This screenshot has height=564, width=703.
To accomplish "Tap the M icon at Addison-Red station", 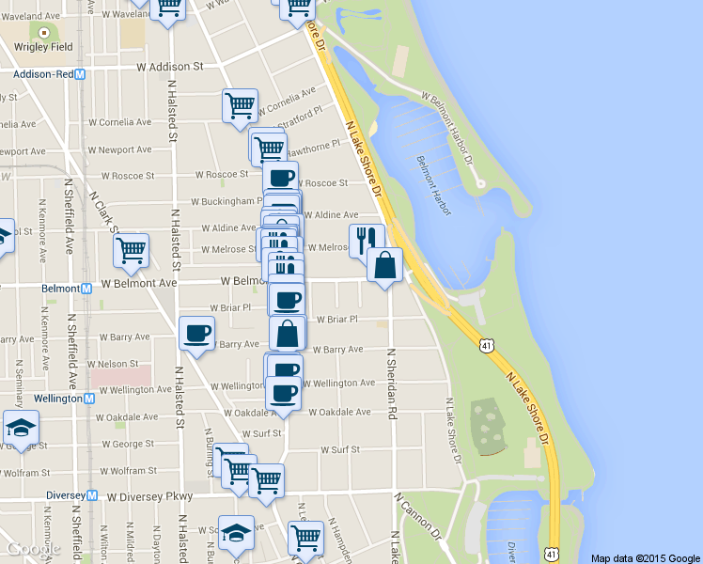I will tap(80, 73).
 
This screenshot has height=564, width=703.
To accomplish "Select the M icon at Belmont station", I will tap(86, 289).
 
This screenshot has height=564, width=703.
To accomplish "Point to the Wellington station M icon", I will tap(89, 398).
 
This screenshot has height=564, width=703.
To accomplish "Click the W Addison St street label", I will tap(169, 67).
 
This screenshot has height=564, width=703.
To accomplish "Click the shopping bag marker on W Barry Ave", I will tap(288, 334).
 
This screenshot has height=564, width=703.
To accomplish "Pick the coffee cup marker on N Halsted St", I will tap(196, 333).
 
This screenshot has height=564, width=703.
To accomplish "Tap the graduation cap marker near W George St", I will tap(20, 429).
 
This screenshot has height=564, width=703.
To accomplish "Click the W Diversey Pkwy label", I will tap(149, 496).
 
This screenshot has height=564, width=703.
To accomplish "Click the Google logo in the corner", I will tap(31, 549).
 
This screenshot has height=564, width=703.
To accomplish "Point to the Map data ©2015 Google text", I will tap(646, 557).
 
